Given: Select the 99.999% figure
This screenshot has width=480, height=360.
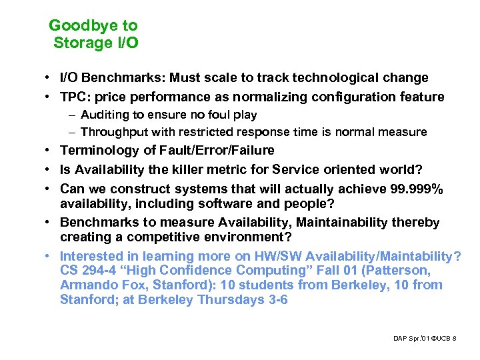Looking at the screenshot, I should (x=415, y=189).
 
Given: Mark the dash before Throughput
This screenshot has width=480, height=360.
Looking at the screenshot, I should (x=71, y=132).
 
